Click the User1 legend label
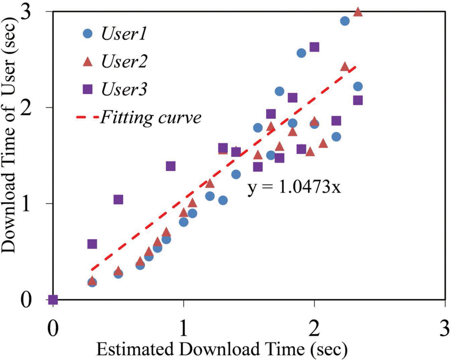124,34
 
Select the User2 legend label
124,62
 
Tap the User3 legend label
124,89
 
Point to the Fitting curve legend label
151,118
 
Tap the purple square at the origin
53,300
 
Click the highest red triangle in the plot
358,12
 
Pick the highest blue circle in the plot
345,21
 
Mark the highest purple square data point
314,47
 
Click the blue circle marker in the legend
88,34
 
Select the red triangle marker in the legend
88,62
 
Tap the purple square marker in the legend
88,89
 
